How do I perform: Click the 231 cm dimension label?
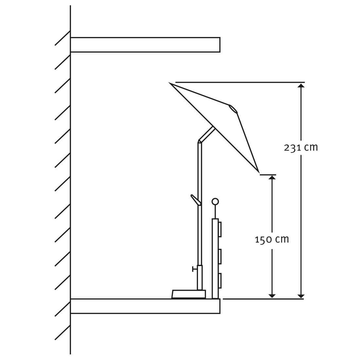pyautogui.click(x=301, y=147)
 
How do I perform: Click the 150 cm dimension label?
pyautogui.click(x=272, y=240)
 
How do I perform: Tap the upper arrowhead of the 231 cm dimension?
pyautogui.click(x=301, y=86)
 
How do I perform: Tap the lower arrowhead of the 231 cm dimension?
pyautogui.click(x=301, y=296)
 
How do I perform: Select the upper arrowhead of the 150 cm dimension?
pyautogui.click(x=272, y=178)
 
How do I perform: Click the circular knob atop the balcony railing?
pyautogui.click(x=215, y=202)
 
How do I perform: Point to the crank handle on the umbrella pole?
pyautogui.click(x=195, y=200)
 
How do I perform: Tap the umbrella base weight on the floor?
pyautogui.click(x=189, y=295)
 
